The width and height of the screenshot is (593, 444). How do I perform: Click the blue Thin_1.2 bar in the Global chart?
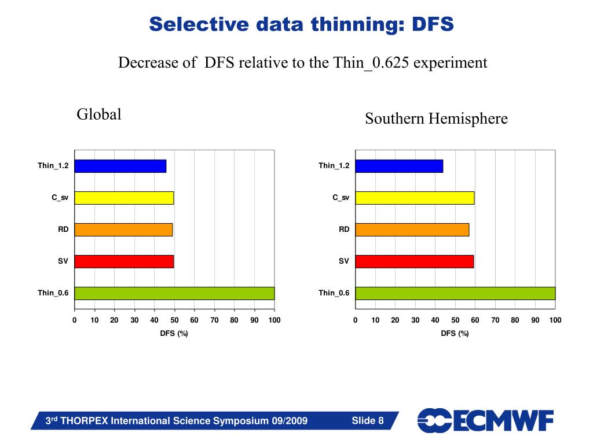coord(120,166)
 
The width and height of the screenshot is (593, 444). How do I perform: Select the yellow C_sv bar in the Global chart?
coord(124,198)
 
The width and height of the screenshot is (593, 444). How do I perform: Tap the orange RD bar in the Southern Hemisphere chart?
coord(412,230)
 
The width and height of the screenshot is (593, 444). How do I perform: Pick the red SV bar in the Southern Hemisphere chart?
coord(414,261)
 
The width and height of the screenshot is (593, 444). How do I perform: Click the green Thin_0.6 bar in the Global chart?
coord(174,293)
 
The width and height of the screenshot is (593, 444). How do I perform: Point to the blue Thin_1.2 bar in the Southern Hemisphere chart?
coord(399,166)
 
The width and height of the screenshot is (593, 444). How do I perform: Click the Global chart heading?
coord(99,114)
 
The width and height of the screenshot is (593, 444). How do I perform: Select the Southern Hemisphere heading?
coord(436,119)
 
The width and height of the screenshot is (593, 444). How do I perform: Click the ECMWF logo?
coord(485,420)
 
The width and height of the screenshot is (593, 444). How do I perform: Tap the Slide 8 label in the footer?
coord(368,420)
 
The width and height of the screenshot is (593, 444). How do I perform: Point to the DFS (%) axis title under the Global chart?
coord(174,333)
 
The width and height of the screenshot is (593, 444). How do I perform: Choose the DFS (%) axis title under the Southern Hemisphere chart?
coord(455,333)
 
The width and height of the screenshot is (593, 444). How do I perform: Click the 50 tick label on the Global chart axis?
coord(174,320)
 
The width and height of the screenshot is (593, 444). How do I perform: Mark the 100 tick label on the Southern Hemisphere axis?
coord(555,320)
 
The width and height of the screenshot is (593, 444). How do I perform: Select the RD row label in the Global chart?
coord(63,230)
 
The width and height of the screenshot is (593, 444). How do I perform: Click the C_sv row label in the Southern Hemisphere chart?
coord(341,198)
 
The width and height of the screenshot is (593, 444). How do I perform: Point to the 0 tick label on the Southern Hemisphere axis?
coord(356,320)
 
